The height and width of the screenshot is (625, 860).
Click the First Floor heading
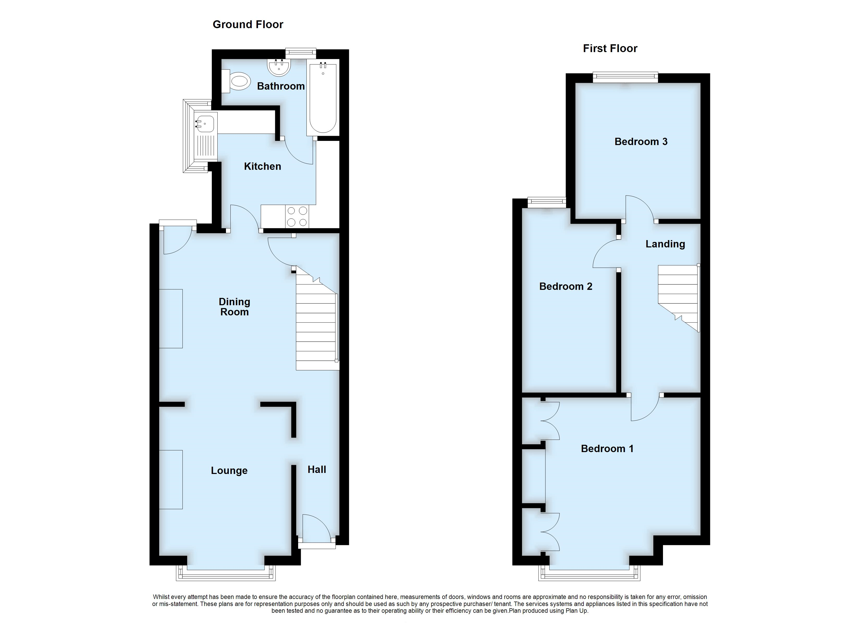point(610,48)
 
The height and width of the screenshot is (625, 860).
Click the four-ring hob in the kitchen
point(297,216)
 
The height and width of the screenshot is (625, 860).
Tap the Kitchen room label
point(262,166)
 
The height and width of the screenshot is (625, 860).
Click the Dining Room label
point(234,307)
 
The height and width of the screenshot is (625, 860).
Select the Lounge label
point(229,471)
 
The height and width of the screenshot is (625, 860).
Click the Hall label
point(317,470)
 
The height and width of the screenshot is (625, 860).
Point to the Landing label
point(665,244)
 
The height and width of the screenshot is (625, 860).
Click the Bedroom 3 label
point(641,142)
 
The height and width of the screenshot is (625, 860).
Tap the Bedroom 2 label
point(565,286)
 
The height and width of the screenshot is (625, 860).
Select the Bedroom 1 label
point(607,449)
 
